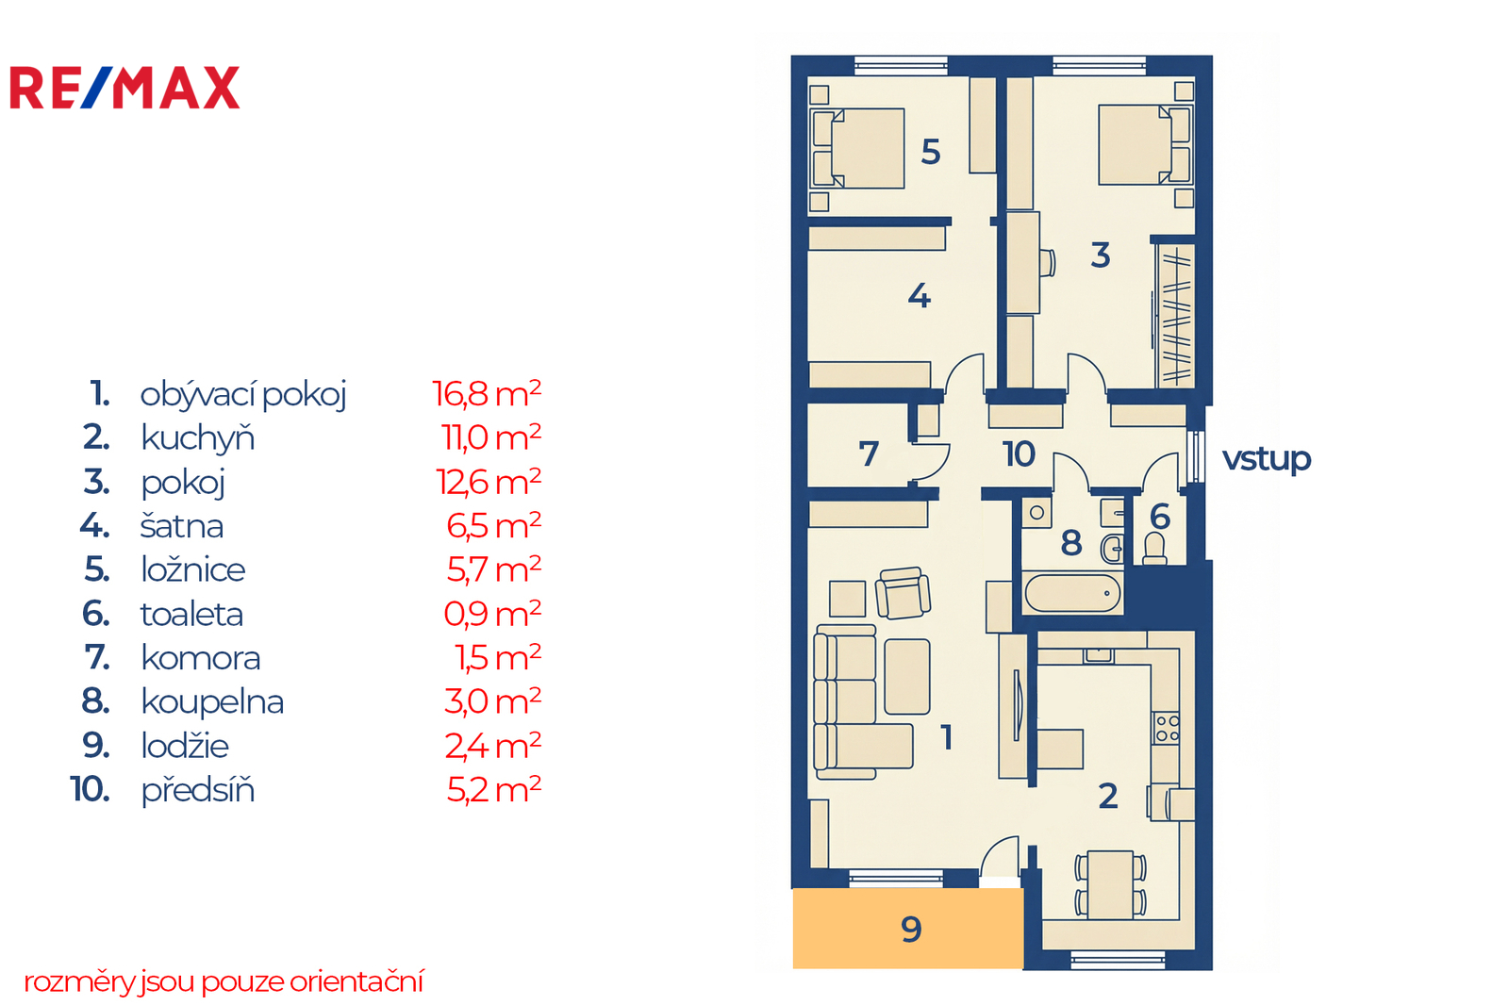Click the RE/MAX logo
pyautogui.click(x=124, y=88)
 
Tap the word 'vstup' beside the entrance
pyautogui.click(x=1267, y=460)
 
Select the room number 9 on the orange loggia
pyautogui.click(x=911, y=930)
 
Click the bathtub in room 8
pyautogui.click(x=1072, y=593)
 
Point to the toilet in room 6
pyautogui.click(x=1154, y=549)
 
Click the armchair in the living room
pyautogui.click(x=903, y=593)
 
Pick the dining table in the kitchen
pyautogui.click(x=1110, y=885)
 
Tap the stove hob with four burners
pyautogui.click(x=1167, y=728)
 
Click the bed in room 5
pyautogui.click(x=857, y=148)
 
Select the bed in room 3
pyautogui.click(x=1146, y=144)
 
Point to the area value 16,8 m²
pyautogui.click(x=487, y=394)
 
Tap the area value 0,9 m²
pyautogui.click(x=492, y=614)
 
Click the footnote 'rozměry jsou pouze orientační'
pyautogui.click(x=224, y=982)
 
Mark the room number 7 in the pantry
pyautogui.click(x=869, y=453)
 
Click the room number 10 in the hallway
pyautogui.click(x=1019, y=454)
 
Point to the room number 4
pyautogui.click(x=920, y=296)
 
